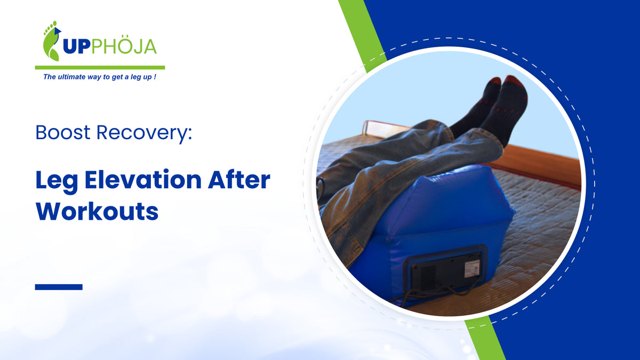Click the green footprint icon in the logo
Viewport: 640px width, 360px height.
(51, 41)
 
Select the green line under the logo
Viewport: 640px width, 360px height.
(100, 68)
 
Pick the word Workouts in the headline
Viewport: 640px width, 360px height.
(97, 211)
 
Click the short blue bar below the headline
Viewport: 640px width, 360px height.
(59, 287)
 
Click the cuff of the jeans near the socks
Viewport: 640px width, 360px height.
(488, 141)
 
